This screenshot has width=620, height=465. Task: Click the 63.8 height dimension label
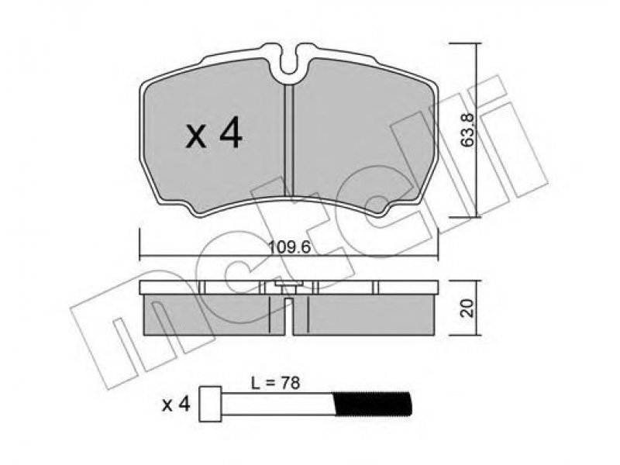coord(468,129)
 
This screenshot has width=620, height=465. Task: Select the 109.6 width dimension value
coord(290,247)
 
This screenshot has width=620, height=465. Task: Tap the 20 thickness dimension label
coord(468,308)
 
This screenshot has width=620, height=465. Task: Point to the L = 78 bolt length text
coord(276,383)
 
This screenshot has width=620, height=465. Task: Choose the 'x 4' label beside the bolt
coord(177,405)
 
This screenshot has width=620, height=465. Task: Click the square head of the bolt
coord(210,404)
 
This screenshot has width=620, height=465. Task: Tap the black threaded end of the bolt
coord(373,404)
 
